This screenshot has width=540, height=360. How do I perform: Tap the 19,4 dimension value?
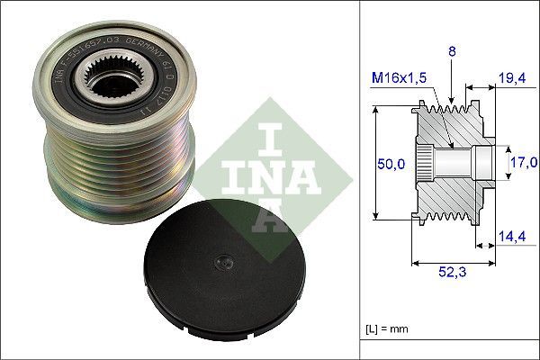point(513,80)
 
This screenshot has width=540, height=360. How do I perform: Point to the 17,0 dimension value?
point(524,163)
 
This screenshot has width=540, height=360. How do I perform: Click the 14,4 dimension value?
point(513,238)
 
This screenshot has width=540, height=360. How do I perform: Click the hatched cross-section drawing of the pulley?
point(450,162)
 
